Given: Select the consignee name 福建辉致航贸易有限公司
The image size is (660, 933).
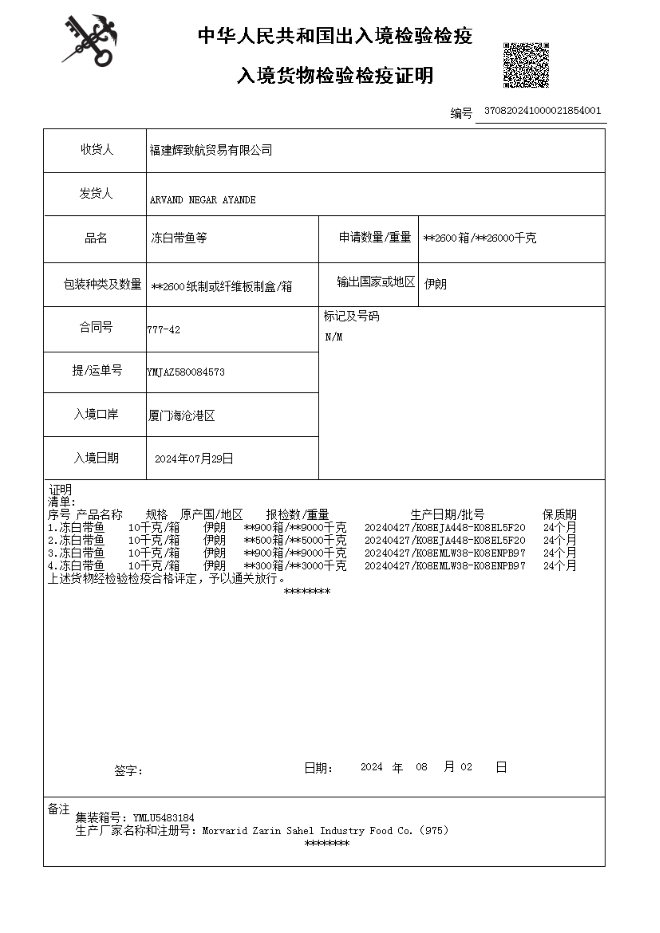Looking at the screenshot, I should (x=210, y=150).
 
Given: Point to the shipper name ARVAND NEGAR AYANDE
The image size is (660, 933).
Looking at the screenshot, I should (x=202, y=200).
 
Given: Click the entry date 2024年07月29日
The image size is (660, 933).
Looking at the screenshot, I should (x=194, y=459).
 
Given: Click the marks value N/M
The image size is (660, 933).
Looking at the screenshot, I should (x=334, y=337).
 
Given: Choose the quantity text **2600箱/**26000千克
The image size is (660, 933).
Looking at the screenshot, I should (x=480, y=238).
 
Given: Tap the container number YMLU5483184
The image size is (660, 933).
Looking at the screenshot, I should (x=163, y=818).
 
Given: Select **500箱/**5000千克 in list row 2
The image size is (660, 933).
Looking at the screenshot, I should (x=295, y=541).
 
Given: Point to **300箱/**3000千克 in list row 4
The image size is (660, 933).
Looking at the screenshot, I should (x=295, y=566).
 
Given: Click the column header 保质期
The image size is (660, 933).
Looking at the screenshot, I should (x=559, y=515).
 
